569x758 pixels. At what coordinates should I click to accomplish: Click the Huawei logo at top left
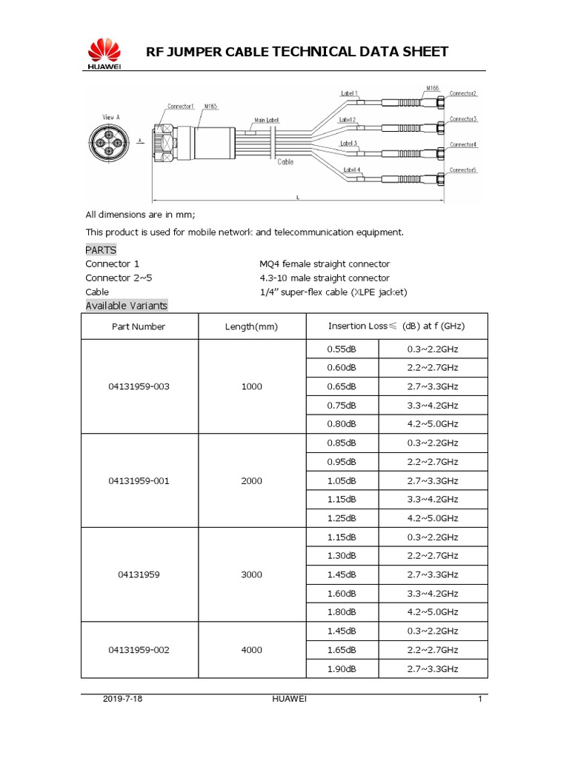point(104,54)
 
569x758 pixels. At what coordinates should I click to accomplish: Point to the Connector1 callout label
point(181,106)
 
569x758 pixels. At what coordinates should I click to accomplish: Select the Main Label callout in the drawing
point(267,119)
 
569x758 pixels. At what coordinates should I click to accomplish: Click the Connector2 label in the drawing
point(463,93)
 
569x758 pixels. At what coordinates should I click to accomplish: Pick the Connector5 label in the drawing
point(463,170)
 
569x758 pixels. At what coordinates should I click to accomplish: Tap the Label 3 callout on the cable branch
point(349,143)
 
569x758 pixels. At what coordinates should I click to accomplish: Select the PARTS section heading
point(101,250)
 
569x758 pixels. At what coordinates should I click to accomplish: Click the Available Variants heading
point(127,306)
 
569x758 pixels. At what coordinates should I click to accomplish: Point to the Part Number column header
point(139,326)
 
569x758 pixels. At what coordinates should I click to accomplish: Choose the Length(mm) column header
point(251,326)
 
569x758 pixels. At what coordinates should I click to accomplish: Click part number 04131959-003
point(139,386)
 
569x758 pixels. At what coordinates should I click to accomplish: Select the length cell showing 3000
point(251,574)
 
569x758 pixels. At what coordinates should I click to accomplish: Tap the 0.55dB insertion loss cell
point(342,349)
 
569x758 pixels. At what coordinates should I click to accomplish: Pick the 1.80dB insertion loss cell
point(342,612)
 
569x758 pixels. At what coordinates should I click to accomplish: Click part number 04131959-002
point(139,650)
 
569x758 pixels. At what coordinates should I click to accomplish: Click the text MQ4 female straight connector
point(325,264)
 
